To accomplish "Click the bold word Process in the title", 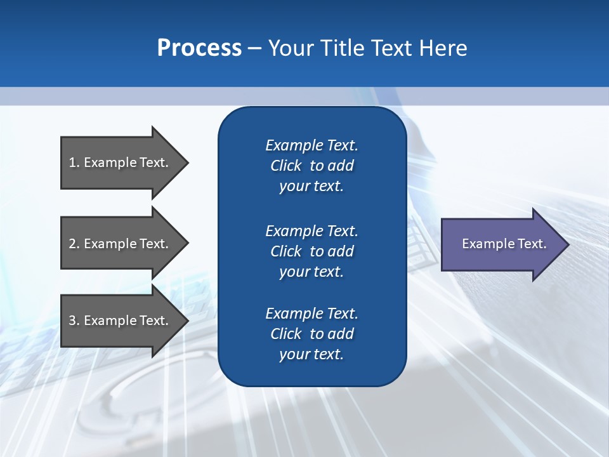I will (x=199, y=48).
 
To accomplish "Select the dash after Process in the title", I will (x=254, y=48).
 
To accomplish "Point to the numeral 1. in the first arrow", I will (x=74, y=162).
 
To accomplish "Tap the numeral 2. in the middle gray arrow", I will (x=74, y=244).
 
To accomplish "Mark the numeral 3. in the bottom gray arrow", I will (x=74, y=321).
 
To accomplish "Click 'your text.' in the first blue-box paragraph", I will (x=311, y=187).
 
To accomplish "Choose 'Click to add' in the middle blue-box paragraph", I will (x=311, y=251).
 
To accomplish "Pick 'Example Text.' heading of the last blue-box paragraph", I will (x=311, y=314).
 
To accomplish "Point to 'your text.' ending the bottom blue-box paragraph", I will (x=311, y=355).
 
